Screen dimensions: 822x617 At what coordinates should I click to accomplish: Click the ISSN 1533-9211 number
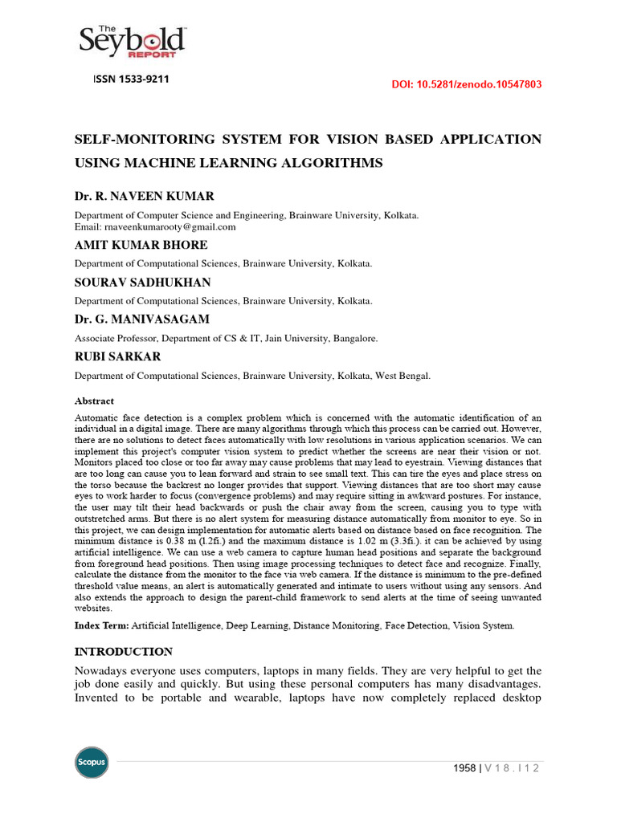(126, 79)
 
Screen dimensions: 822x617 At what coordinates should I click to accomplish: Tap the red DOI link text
(466, 83)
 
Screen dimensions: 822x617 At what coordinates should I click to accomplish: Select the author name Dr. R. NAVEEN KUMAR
(145, 197)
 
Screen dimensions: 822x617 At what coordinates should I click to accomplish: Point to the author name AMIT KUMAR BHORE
(141, 245)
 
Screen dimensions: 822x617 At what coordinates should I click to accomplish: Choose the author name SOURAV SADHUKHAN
(142, 282)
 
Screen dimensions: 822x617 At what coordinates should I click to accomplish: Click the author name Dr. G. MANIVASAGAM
(142, 319)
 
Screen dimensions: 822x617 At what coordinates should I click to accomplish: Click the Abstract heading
(95, 401)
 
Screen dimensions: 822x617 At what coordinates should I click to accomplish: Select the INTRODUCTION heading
(124, 651)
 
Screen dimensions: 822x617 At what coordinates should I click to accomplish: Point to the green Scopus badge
(92, 762)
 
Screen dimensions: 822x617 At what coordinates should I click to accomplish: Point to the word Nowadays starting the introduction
(105, 670)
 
